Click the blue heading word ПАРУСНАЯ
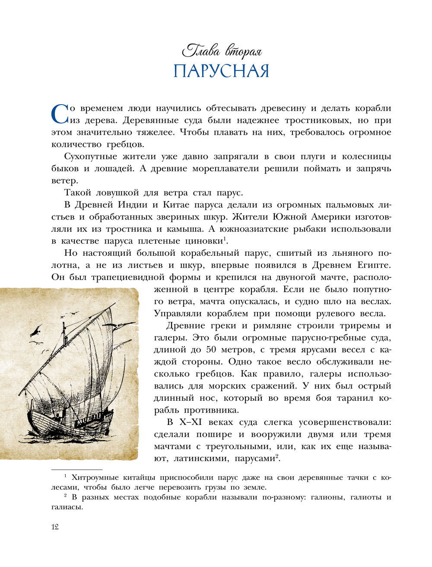(x=221, y=71)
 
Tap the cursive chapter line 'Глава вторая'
(x=222, y=51)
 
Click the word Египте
(x=374, y=265)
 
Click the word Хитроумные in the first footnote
(x=95, y=478)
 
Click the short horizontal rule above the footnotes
(x=77, y=469)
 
